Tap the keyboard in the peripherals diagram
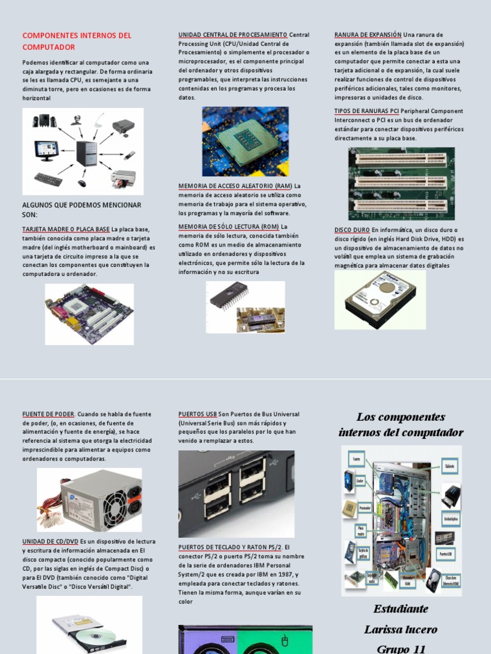point(48,179)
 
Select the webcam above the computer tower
point(77,119)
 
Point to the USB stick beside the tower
point(129,155)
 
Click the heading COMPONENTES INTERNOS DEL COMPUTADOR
point(77,41)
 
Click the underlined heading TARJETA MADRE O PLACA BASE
point(66,229)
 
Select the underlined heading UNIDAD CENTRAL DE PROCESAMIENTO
point(233,34)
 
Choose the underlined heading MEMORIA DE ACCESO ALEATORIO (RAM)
point(235,186)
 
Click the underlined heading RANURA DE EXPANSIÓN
point(368,34)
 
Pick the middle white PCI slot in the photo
point(401,182)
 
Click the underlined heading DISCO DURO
point(352,230)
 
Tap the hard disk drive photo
point(380,299)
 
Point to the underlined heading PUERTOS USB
point(198,414)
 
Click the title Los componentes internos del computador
point(401,425)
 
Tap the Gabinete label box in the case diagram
point(450,466)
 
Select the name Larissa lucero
point(401,629)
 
